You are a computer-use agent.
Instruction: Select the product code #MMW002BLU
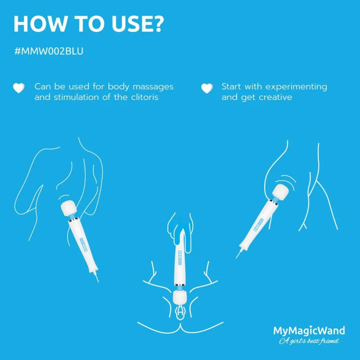point(48,51)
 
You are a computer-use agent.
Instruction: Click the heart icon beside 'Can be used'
point(18,88)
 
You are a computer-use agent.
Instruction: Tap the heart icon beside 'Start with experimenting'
point(207,88)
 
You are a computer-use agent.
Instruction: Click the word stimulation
point(76,97)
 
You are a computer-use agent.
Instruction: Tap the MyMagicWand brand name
point(309,331)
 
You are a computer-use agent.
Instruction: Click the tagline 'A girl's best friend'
point(309,341)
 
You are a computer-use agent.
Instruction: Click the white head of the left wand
point(68,208)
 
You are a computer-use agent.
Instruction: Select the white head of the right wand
point(281,192)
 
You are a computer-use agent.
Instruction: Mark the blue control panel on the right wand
point(259,224)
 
